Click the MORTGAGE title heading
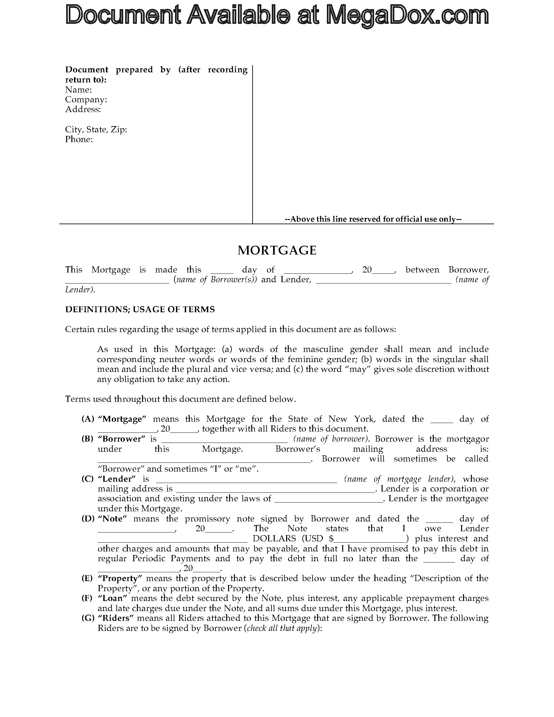pos(277,250)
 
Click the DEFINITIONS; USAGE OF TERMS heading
pos(140,309)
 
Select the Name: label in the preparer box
pos(79,90)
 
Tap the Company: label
pos(86,99)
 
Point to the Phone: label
pos(79,139)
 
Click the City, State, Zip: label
pos(96,129)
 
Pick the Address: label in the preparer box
pos(83,109)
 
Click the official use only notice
pos(373,219)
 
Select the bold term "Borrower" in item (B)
pos(122,439)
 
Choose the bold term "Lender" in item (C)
pos(117,479)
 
